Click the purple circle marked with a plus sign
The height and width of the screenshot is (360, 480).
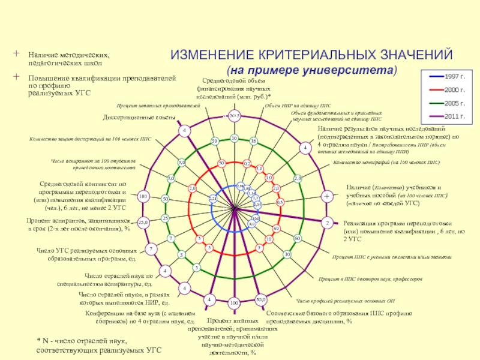(x=327, y=196)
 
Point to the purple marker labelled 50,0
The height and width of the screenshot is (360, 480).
(x=260, y=299)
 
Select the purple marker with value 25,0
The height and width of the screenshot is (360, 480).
(x=143, y=223)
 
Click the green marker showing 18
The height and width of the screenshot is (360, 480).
(x=253, y=141)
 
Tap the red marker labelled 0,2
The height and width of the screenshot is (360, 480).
(x=247, y=163)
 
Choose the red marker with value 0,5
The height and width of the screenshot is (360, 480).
(x=280, y=202)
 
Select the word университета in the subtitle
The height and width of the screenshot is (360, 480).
(x=354, y=70)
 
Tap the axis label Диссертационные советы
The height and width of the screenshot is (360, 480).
(x=139, y=117)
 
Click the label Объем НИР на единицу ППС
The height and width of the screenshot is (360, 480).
(x=298, y=106)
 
